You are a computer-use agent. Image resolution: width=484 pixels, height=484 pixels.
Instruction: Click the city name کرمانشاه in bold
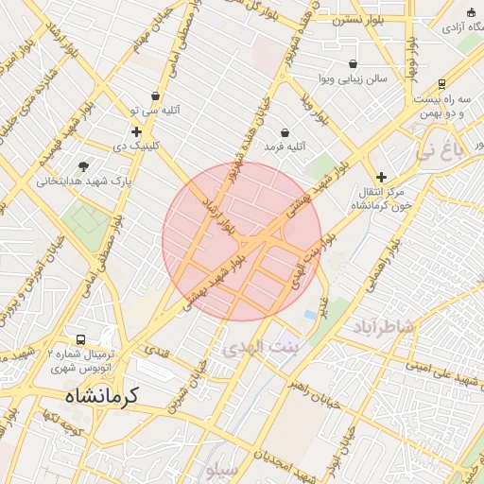tap(101, 395)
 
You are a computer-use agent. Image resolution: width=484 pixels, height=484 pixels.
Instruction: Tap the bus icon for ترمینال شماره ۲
tap(80, 339)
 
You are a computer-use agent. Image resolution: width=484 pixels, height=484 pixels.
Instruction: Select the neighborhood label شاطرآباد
tap(385, 327)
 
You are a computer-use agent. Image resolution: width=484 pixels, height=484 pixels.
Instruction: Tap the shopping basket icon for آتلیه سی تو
tap(155, 95)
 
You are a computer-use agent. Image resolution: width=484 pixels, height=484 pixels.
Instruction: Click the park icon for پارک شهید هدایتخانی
tap(83, 165)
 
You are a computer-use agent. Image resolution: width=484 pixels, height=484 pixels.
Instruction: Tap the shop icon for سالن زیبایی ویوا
tap(326, 64)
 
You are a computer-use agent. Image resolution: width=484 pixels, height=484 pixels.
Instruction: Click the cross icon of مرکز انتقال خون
tap(381, 177)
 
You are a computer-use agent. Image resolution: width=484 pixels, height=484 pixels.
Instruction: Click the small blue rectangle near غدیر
tap(310, 315)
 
